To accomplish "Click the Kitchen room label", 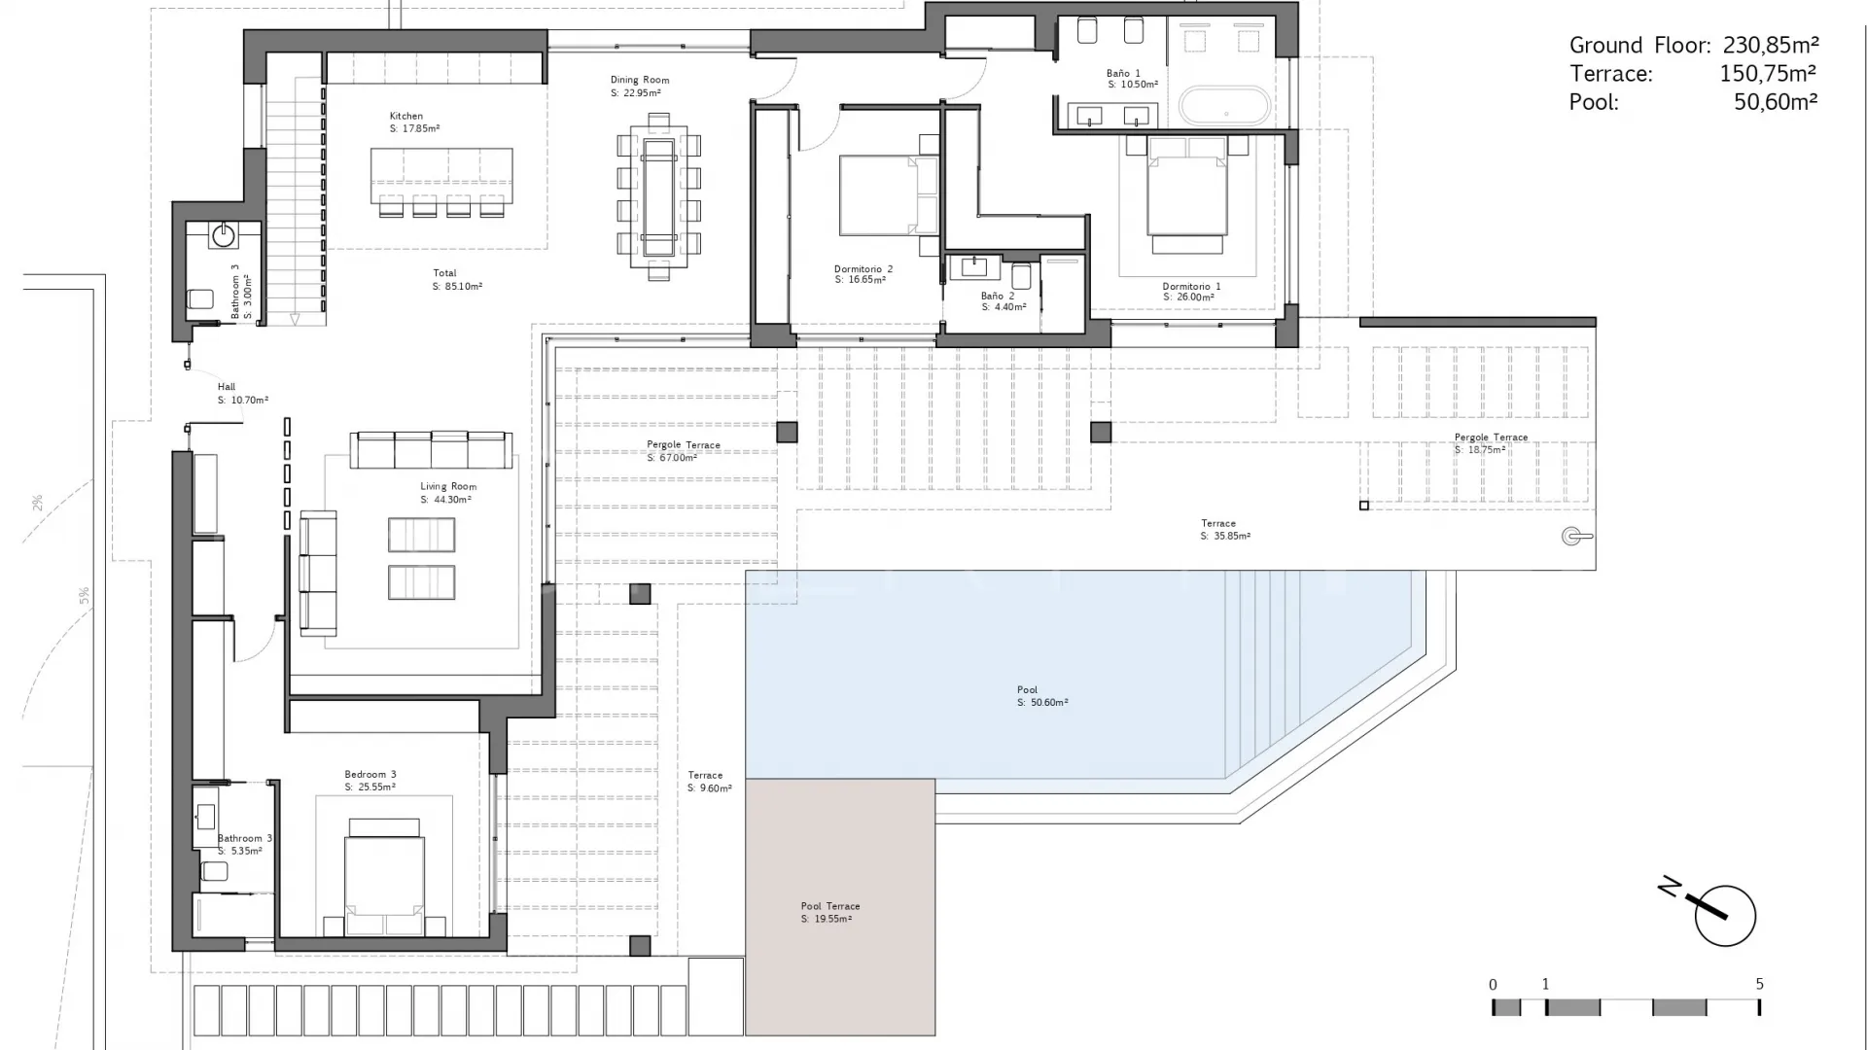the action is point(406,116).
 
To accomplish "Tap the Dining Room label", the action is point(640,80).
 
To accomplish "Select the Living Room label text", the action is point(448,486).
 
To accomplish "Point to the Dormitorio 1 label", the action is point(1191,287).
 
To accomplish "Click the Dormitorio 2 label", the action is point(863,269).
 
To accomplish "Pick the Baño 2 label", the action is point(998,296).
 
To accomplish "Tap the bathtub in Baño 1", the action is point(1224,106).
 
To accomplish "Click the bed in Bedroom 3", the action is point(384,877).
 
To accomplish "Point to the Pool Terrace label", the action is point(830,906).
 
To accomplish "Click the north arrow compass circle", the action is point(1725,916).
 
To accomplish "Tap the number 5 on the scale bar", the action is point(1759,984).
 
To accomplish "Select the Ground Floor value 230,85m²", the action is point(1771,45).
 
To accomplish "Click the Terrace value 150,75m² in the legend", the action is point(1768,73).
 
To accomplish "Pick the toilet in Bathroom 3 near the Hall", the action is point(200,299).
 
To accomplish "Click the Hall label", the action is point(227,387).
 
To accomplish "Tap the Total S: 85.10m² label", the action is point(457,280).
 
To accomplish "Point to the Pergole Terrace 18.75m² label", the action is point(1491,443).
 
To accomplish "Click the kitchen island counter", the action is point(441,175).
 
